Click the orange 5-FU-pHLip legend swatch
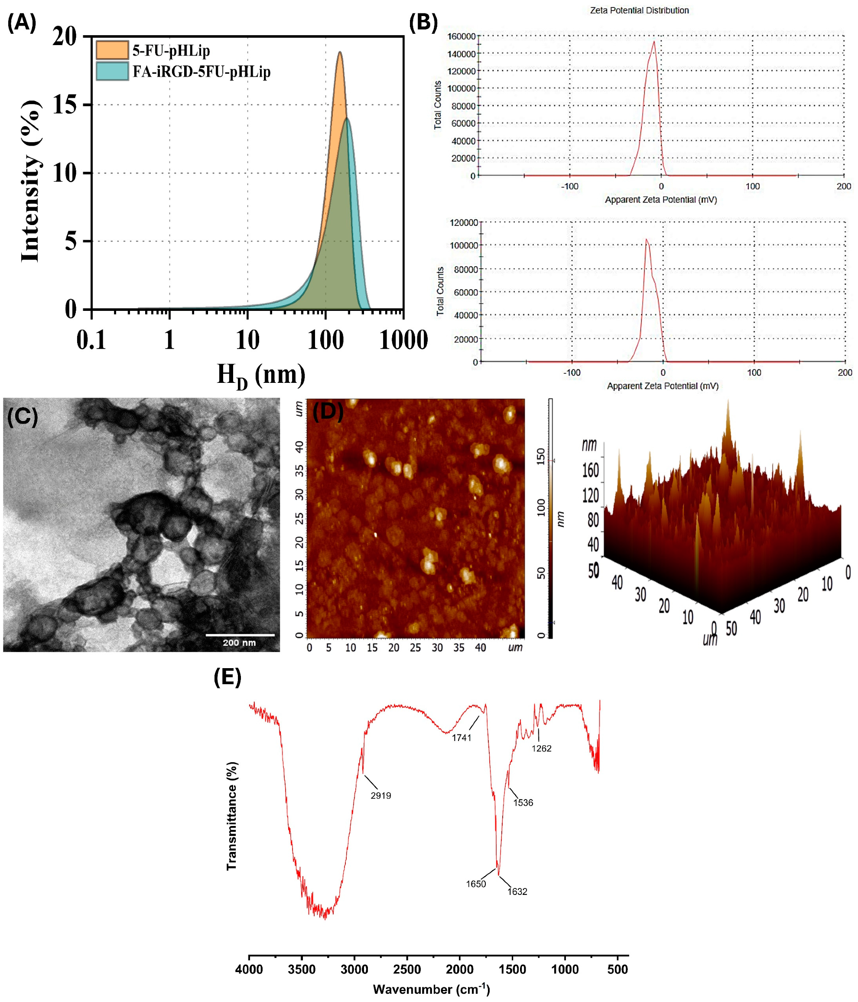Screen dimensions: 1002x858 (112, 50)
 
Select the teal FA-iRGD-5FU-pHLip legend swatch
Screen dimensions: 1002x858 (112, 72)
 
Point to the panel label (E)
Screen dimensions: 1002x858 (227, 678)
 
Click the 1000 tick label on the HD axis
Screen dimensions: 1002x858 (403, 340)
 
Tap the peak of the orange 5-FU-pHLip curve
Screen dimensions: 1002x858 (340, 52)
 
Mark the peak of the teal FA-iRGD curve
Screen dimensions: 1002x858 (347, 119)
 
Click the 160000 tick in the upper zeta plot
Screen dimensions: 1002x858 (461, 36)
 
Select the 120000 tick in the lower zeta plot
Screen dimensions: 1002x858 (464, 223)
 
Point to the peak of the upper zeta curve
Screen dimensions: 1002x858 (654, 42)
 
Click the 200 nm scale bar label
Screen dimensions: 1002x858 (239, 643)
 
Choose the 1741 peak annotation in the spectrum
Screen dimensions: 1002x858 (461, 738)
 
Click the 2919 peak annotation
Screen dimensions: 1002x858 (381, 796)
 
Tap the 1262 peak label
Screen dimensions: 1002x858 (541, 749)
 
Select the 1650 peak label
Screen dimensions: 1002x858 (476, 884)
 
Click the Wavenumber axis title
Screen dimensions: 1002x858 (431, 989)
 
